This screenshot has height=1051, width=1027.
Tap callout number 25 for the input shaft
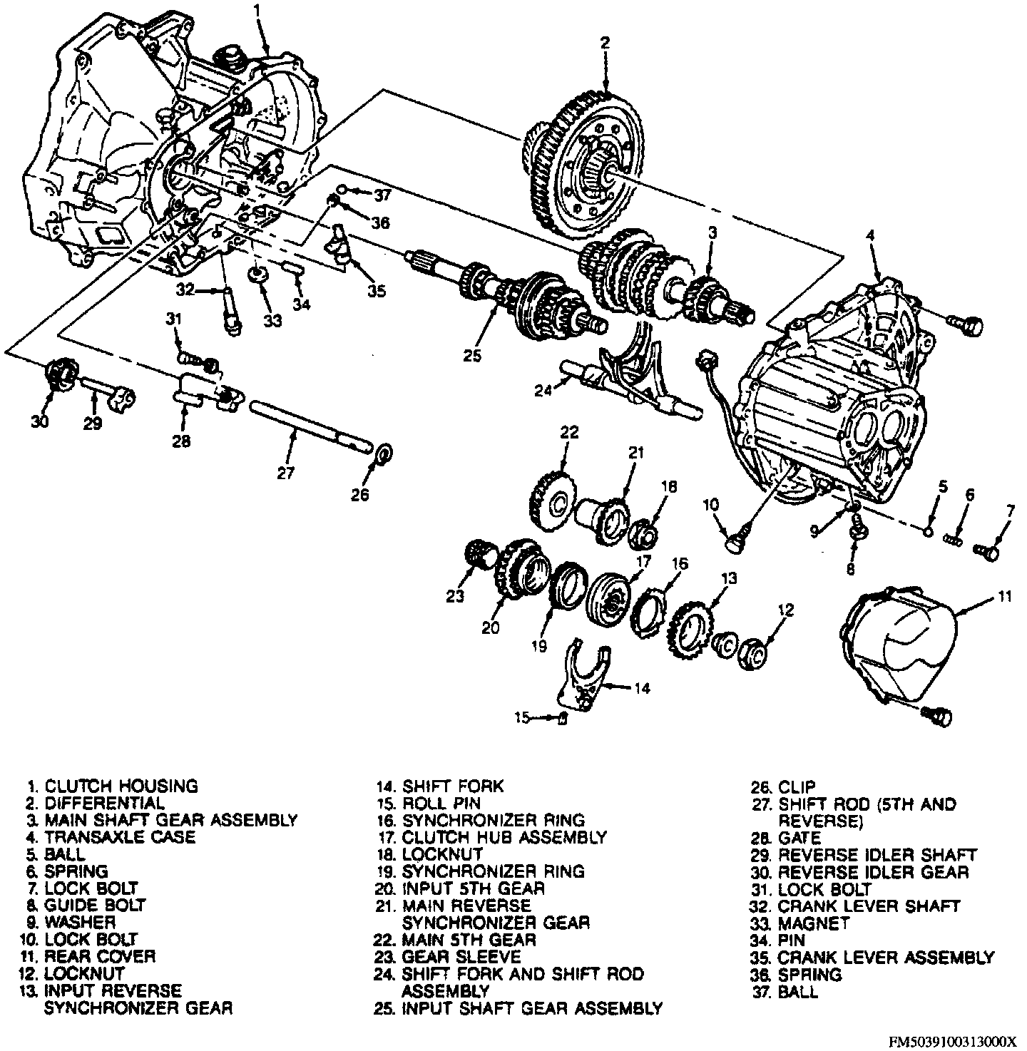tap(471, 355)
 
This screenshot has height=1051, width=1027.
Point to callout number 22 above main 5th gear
tap(568, 432)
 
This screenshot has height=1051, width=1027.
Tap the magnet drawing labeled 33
tap(257, 275)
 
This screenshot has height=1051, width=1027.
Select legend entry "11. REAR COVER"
tap(100, 956)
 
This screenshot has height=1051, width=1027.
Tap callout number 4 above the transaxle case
tap(869, 234)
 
